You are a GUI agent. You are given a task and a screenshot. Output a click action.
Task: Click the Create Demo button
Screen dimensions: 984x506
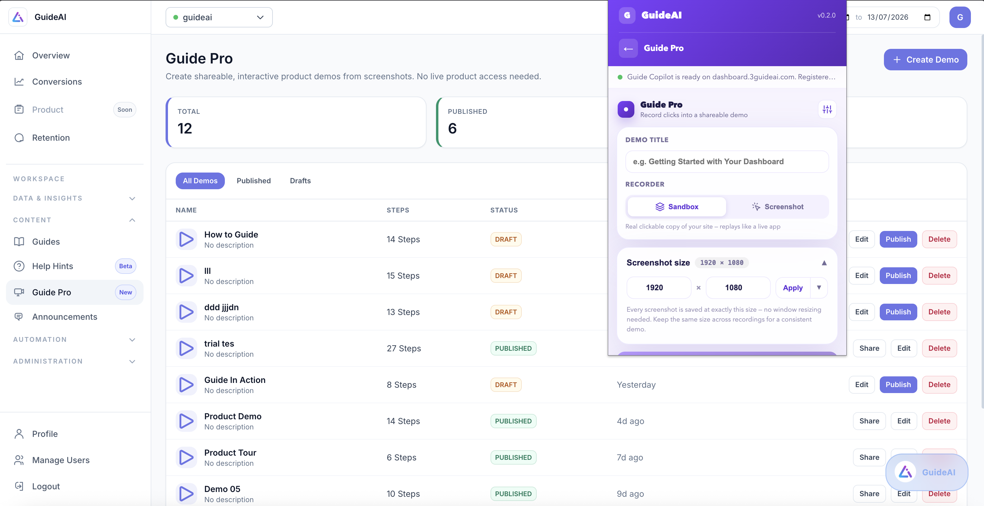pos(925,60)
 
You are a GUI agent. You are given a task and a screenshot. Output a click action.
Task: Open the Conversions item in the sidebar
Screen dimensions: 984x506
pos(57,82)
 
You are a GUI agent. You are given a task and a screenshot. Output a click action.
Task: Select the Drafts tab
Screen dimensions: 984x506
pos(300,181)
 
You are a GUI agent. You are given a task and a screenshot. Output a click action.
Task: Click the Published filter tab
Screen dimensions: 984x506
pos(254,181)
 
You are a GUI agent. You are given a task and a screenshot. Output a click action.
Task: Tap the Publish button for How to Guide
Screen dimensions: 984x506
pos(898,239)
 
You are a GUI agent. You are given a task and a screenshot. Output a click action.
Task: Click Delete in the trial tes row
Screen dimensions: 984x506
pos(939,348)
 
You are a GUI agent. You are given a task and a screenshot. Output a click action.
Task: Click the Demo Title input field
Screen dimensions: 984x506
pos(727,162)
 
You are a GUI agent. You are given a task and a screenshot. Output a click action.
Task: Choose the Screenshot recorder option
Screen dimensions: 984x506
pos(778,207)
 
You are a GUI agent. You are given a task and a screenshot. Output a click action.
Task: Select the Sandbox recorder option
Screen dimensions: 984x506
pos(677,207)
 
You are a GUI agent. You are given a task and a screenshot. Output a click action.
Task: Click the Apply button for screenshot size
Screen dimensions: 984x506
pos(793,288)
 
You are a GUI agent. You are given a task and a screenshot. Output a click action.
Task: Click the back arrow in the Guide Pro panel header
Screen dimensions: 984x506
pos(628,48)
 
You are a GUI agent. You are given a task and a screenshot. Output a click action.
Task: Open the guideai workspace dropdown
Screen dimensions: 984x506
pos(219,17)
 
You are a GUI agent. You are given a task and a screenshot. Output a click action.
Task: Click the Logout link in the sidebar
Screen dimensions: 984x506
pos(46,486)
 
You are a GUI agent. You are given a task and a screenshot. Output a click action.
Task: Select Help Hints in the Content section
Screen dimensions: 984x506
pos(52,266)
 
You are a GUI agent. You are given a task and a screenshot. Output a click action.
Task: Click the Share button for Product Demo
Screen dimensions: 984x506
pos(869,421)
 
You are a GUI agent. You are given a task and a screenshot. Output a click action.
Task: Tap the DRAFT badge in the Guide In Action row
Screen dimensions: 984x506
pos(506,385)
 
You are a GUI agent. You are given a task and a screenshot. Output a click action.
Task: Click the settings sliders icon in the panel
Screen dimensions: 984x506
pos(827,110)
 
